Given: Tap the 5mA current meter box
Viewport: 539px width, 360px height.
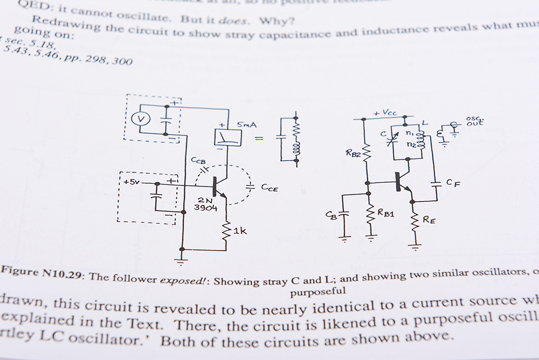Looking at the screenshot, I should [227, 137].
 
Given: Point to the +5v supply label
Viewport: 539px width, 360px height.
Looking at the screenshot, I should [131, 182].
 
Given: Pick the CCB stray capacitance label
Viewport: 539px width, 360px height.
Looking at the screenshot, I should [198, 160].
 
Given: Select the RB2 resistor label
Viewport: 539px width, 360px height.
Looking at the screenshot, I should [354, 153].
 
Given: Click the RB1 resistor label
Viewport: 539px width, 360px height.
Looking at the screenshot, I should [386, 213].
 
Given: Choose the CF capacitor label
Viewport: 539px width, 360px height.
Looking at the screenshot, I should [453, 183].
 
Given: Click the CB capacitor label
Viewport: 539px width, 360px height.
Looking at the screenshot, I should [331, 215].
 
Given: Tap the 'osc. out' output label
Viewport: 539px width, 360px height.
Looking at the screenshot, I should [475, 121].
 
